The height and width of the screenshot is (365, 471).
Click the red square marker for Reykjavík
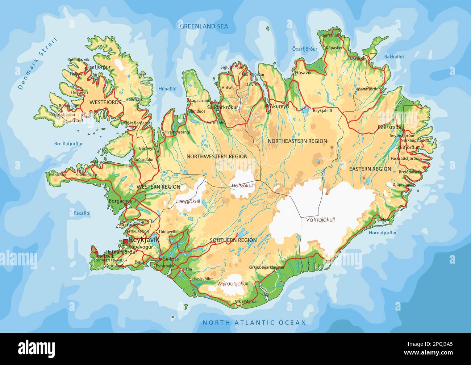click(125, 242)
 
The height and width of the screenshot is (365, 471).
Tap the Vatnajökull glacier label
click(320, 220)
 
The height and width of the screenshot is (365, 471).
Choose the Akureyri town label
click(279, 106)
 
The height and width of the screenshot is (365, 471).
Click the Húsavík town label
click(303, 72)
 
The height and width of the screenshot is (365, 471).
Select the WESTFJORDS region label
click(105, 102)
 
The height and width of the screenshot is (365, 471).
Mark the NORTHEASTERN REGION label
click(297, 141)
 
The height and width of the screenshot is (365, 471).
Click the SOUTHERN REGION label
click(233, 240)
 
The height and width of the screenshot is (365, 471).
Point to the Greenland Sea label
click(204, 26)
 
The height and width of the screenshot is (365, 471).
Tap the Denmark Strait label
click(38, 63)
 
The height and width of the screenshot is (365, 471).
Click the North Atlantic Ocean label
click(254, 322)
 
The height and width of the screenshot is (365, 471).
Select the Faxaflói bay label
click(82, 213)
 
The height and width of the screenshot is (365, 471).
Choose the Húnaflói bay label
click(167, 88)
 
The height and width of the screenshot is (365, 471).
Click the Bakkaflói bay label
click(393, 57)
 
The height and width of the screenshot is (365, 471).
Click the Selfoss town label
click(171, 259)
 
